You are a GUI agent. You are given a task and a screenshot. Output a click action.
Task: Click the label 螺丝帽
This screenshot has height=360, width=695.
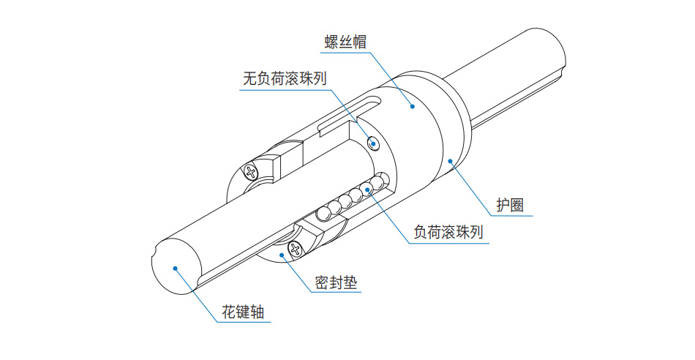click(x=345, y=41)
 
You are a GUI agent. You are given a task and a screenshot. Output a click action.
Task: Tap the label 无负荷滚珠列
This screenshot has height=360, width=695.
click(x=284, y=78)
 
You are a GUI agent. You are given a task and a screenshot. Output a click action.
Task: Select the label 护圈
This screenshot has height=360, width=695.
click(x=510, y=205)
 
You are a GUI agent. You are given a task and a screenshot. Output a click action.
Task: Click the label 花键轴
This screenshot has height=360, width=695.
click(x=242, y=312)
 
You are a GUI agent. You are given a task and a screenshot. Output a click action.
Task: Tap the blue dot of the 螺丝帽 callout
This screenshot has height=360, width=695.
click(x=413, y=107)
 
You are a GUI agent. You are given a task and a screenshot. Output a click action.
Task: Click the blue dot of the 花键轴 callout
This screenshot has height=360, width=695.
click(x=175, y=268)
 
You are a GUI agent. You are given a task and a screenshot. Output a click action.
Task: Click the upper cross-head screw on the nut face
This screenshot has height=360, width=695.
click(x=252, y=172)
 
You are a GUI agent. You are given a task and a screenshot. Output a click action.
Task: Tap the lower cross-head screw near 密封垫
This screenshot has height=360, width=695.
click(x=296, y=249)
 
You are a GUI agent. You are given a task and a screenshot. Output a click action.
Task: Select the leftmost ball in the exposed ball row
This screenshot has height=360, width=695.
click(x=322, y=214)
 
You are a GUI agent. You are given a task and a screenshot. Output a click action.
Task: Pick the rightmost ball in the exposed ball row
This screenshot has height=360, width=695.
click(x=378, y=181)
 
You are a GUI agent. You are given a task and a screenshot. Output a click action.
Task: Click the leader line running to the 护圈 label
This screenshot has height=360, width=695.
click(x=476, y=187)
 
